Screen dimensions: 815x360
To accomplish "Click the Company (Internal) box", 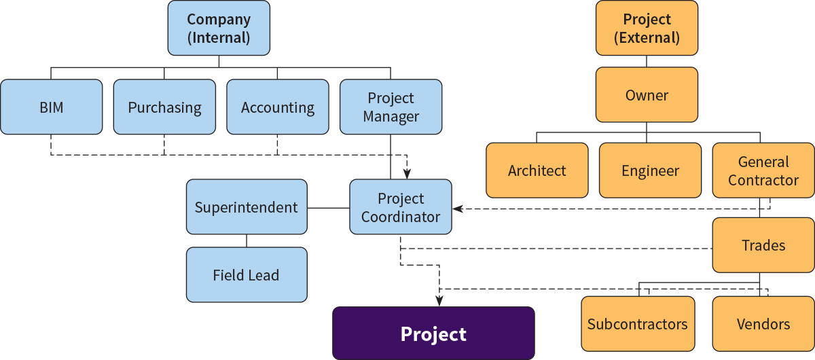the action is point(219,28).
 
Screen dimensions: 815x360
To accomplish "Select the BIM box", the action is point(52,107).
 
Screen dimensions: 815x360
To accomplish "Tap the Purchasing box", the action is point(164,107).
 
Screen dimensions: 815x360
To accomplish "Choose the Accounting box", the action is point(278,107).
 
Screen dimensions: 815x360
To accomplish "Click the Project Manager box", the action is point(391,107).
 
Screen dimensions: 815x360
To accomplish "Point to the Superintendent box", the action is point(247,206).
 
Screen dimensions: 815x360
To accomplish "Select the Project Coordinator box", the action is point(401,206).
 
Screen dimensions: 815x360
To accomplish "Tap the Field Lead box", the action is point(247,275).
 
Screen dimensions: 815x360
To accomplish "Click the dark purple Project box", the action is point(434,333).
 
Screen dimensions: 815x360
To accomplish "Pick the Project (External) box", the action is point(647,28).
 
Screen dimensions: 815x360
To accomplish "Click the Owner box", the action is point(647,94).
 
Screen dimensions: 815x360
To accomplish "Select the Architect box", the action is point(537,170).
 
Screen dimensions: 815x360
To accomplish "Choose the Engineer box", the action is point(650,170).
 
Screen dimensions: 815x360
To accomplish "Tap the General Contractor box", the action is point(763,170).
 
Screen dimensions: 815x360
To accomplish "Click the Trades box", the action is point(763,245).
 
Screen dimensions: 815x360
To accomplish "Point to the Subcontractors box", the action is point(638,324).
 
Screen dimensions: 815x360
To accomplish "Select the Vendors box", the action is point(763,324).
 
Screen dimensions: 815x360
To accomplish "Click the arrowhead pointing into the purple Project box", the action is point(439,302).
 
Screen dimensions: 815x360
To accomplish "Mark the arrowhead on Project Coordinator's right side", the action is point(458,209).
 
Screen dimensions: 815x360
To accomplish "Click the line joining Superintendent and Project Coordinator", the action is point(328,209).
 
